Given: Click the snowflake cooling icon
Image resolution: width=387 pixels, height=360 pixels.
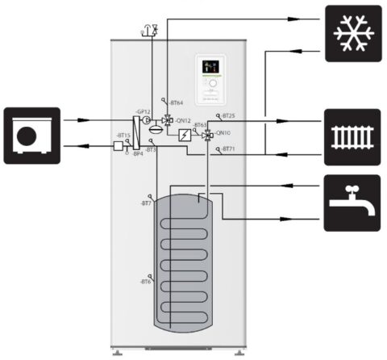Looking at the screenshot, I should click(x=352, y=33).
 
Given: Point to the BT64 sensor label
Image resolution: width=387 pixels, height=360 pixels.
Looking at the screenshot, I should click(x=176, y=103).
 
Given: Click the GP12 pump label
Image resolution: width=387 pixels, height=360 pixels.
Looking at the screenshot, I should click(x=143, y=111).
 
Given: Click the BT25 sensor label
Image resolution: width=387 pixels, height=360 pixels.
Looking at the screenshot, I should click(x=228, y=115).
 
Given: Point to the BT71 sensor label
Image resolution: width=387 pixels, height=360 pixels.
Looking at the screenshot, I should click(x=228, y=149).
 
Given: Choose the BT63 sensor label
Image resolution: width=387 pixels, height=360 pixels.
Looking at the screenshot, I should click(x=201, y=125).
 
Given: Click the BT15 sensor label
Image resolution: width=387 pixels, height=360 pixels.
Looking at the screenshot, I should click(x=123, y=135).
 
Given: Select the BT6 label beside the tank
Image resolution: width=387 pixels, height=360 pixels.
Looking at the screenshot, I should click(x=146, y=281).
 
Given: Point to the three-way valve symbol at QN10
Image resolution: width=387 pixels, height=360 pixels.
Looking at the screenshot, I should click(x=207, y=135).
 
